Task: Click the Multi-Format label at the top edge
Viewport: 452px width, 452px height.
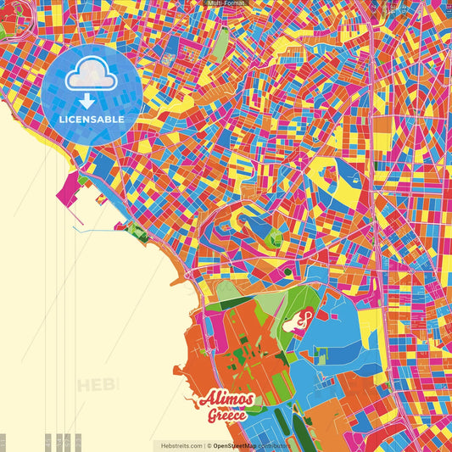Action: [x=226, y=3]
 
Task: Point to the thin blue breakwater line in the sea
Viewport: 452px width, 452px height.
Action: [x=93, y=229]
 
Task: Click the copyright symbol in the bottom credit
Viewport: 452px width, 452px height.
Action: [x=208, y=445]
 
